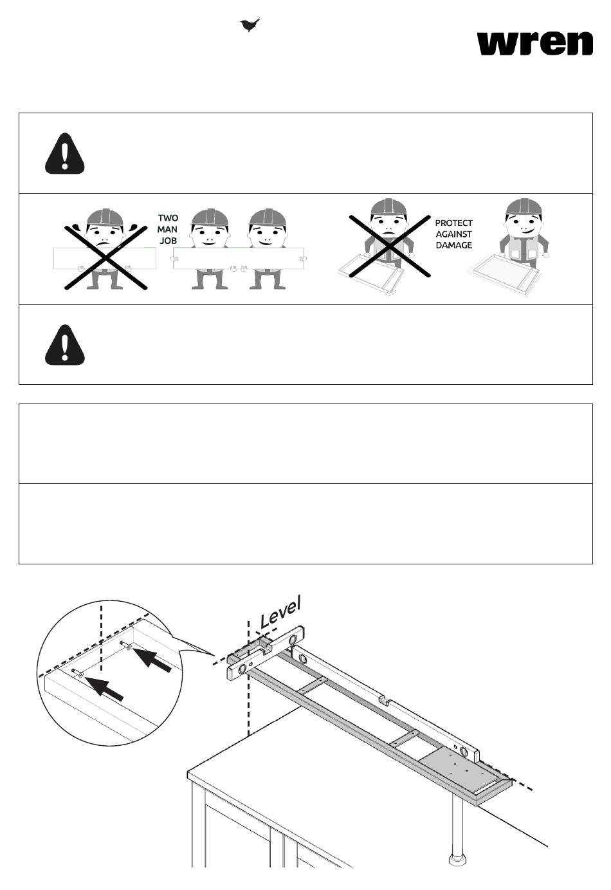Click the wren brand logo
(534, 42)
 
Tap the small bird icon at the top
(250, 25)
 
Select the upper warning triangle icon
(64, 154)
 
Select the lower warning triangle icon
(64, 346)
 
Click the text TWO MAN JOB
(168, 229)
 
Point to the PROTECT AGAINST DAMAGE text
(454, 234)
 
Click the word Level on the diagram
(280, 612)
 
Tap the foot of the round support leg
(457, 858)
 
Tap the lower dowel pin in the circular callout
(77, 673)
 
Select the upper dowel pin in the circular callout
(126, 645)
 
